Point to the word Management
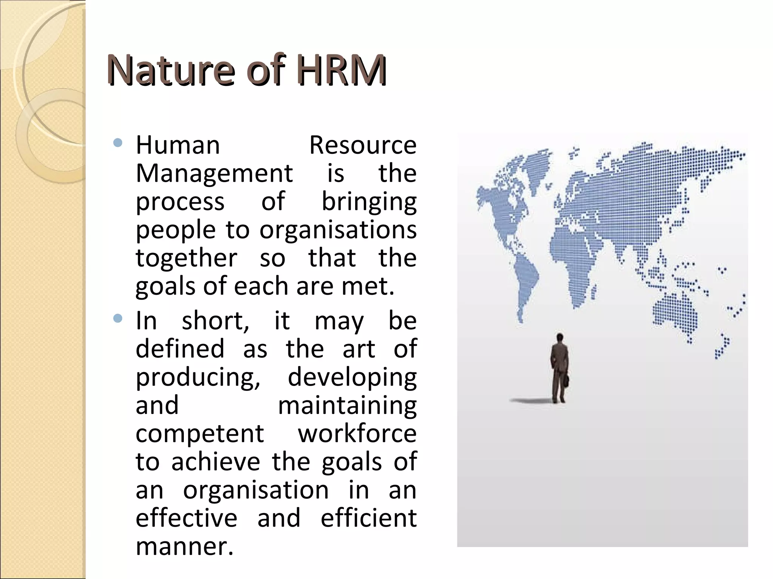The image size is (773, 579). point(214,173)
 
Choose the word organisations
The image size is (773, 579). point(338,230)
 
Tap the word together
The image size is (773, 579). point(186,258)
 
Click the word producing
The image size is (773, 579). point(198,377)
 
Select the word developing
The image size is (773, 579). point(352,377)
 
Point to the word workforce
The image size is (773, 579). point(357,434)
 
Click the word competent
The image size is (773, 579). point(200,434)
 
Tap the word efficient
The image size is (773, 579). point(368,518)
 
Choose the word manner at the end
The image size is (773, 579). point(184,547)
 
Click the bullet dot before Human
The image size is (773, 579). point(118,143)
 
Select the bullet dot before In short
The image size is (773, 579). point(118,319)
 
